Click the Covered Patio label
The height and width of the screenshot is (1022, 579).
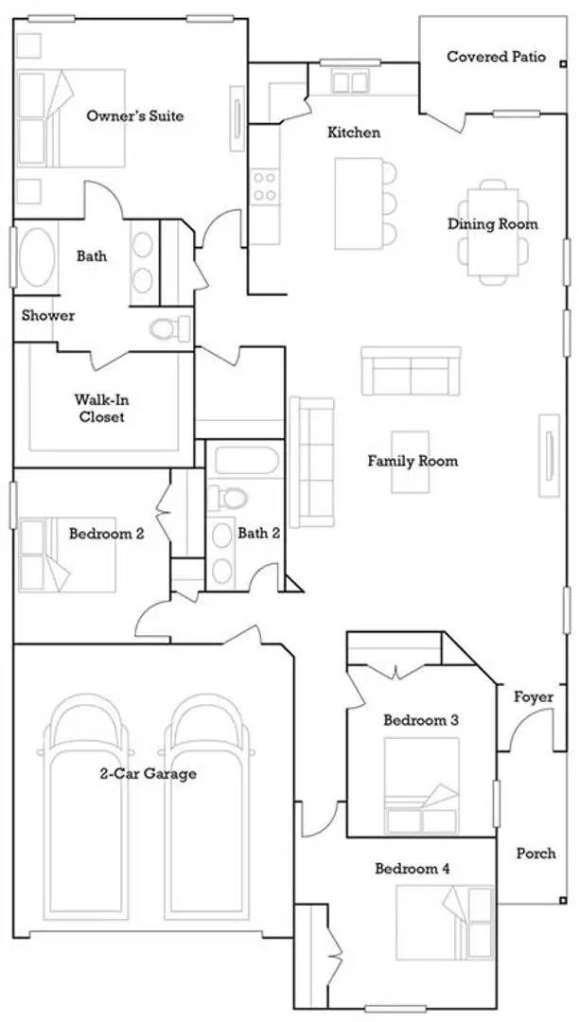click(496, 57)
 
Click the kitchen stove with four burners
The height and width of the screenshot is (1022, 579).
click(264, 185)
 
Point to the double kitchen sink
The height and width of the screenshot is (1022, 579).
click(350, 82)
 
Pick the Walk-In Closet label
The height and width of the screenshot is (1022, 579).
click(100, 408)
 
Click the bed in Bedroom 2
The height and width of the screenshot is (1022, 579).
click(66, 552)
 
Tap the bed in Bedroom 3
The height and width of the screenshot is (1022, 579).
click(421, 784)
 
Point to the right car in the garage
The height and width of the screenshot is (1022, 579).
click(207, 809)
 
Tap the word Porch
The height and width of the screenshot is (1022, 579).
click(535, 854)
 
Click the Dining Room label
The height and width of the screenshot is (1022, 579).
click(492, 224)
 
